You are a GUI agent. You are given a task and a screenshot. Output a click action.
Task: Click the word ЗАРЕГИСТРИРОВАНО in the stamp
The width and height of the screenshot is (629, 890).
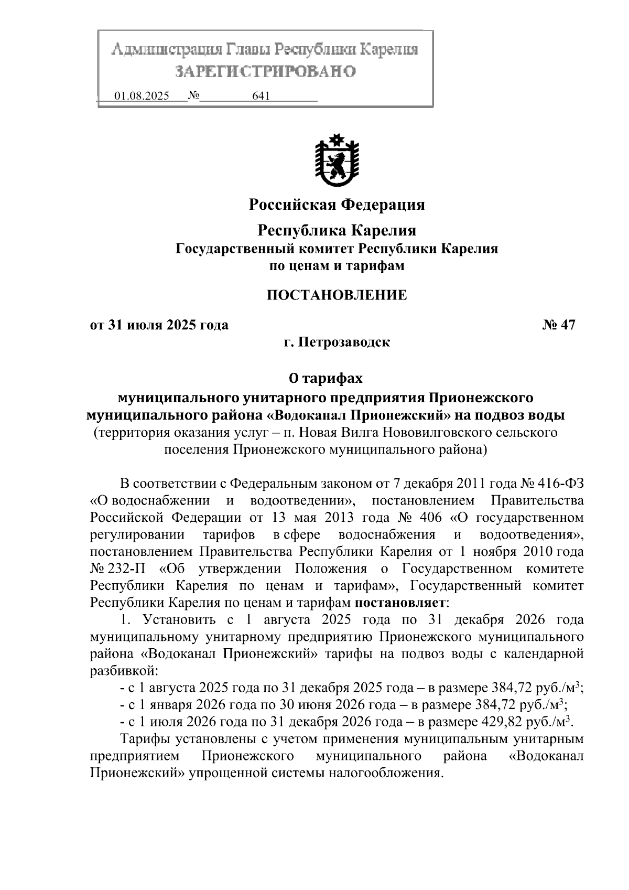tap(265, 72)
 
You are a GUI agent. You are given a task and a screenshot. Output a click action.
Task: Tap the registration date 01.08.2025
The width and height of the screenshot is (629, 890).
tap(142, 96)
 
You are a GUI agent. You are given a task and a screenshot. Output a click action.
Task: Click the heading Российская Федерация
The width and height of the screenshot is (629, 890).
tap(337, 204)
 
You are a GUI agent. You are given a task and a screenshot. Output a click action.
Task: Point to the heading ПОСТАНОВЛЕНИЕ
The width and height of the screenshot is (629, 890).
tap(337, 295)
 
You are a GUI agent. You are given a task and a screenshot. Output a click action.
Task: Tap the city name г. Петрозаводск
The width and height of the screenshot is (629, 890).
tap(337, 343)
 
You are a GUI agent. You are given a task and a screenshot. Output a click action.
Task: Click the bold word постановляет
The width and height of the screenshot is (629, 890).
tap(400, 603)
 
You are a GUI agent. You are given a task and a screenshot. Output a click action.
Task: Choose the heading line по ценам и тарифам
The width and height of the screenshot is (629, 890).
tap(337, 266)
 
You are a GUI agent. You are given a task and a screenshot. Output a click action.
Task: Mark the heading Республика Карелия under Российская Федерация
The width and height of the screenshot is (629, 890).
tap(337, 230)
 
